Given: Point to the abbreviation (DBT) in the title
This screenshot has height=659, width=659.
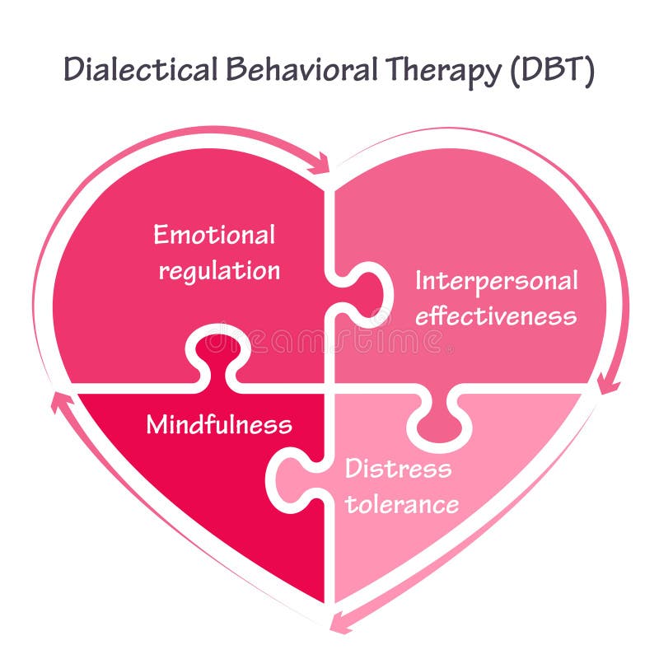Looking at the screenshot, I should click(553, 70).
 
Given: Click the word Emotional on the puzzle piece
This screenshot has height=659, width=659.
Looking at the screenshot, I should click(214, 235).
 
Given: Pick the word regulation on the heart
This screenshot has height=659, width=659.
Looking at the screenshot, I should click(219, 271).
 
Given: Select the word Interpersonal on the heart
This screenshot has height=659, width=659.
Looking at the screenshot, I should click(496, 281).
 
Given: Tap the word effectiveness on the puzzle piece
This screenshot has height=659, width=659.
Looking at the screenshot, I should click(496, 316).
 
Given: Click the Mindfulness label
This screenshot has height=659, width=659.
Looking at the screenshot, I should click(219, 425).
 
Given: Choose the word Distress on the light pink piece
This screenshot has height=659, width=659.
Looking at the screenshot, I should click(398, 469).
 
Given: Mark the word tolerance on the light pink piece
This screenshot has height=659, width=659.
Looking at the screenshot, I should click(401, 504).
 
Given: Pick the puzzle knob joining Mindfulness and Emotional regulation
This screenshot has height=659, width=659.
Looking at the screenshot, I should click(216, 350).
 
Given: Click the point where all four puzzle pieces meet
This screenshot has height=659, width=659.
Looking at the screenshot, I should click(329, 387).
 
